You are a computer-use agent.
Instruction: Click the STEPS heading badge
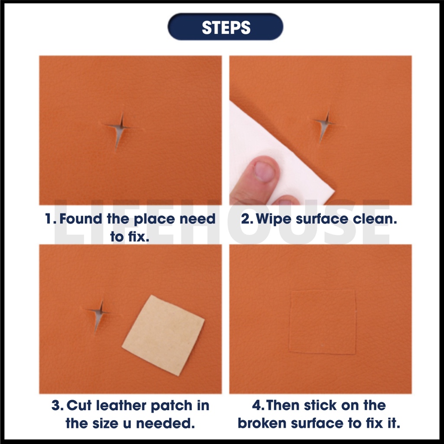(x=225, y=26)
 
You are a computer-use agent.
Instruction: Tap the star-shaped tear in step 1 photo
(x=121, y=128)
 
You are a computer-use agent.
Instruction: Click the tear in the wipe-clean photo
(x=325, y=124)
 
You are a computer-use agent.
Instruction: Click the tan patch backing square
(x=163, y=335)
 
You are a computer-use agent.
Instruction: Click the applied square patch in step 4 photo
(x=323, y=322)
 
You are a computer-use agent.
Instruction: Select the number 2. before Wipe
(x=247, y=219)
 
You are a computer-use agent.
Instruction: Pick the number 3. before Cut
(x=58, y=405)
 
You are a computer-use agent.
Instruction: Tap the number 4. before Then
(x=258, y=405)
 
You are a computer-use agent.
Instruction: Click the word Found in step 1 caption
(x=81, y=219)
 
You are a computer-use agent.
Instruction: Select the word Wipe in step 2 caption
(x=273, y=219)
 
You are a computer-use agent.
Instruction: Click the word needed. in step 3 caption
(x=165, y=423)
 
